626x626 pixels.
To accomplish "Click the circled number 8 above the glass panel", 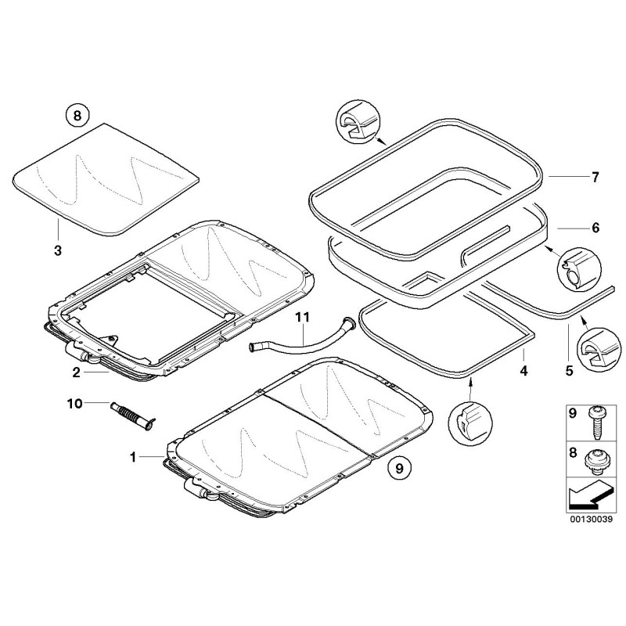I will [77, 116].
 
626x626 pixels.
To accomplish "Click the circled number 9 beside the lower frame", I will [398, 469].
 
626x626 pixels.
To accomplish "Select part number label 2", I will [77, 372].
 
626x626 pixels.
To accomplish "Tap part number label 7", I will [595, 178].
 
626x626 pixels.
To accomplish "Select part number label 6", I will [595, 228].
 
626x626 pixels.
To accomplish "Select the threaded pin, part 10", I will [131, 412].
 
